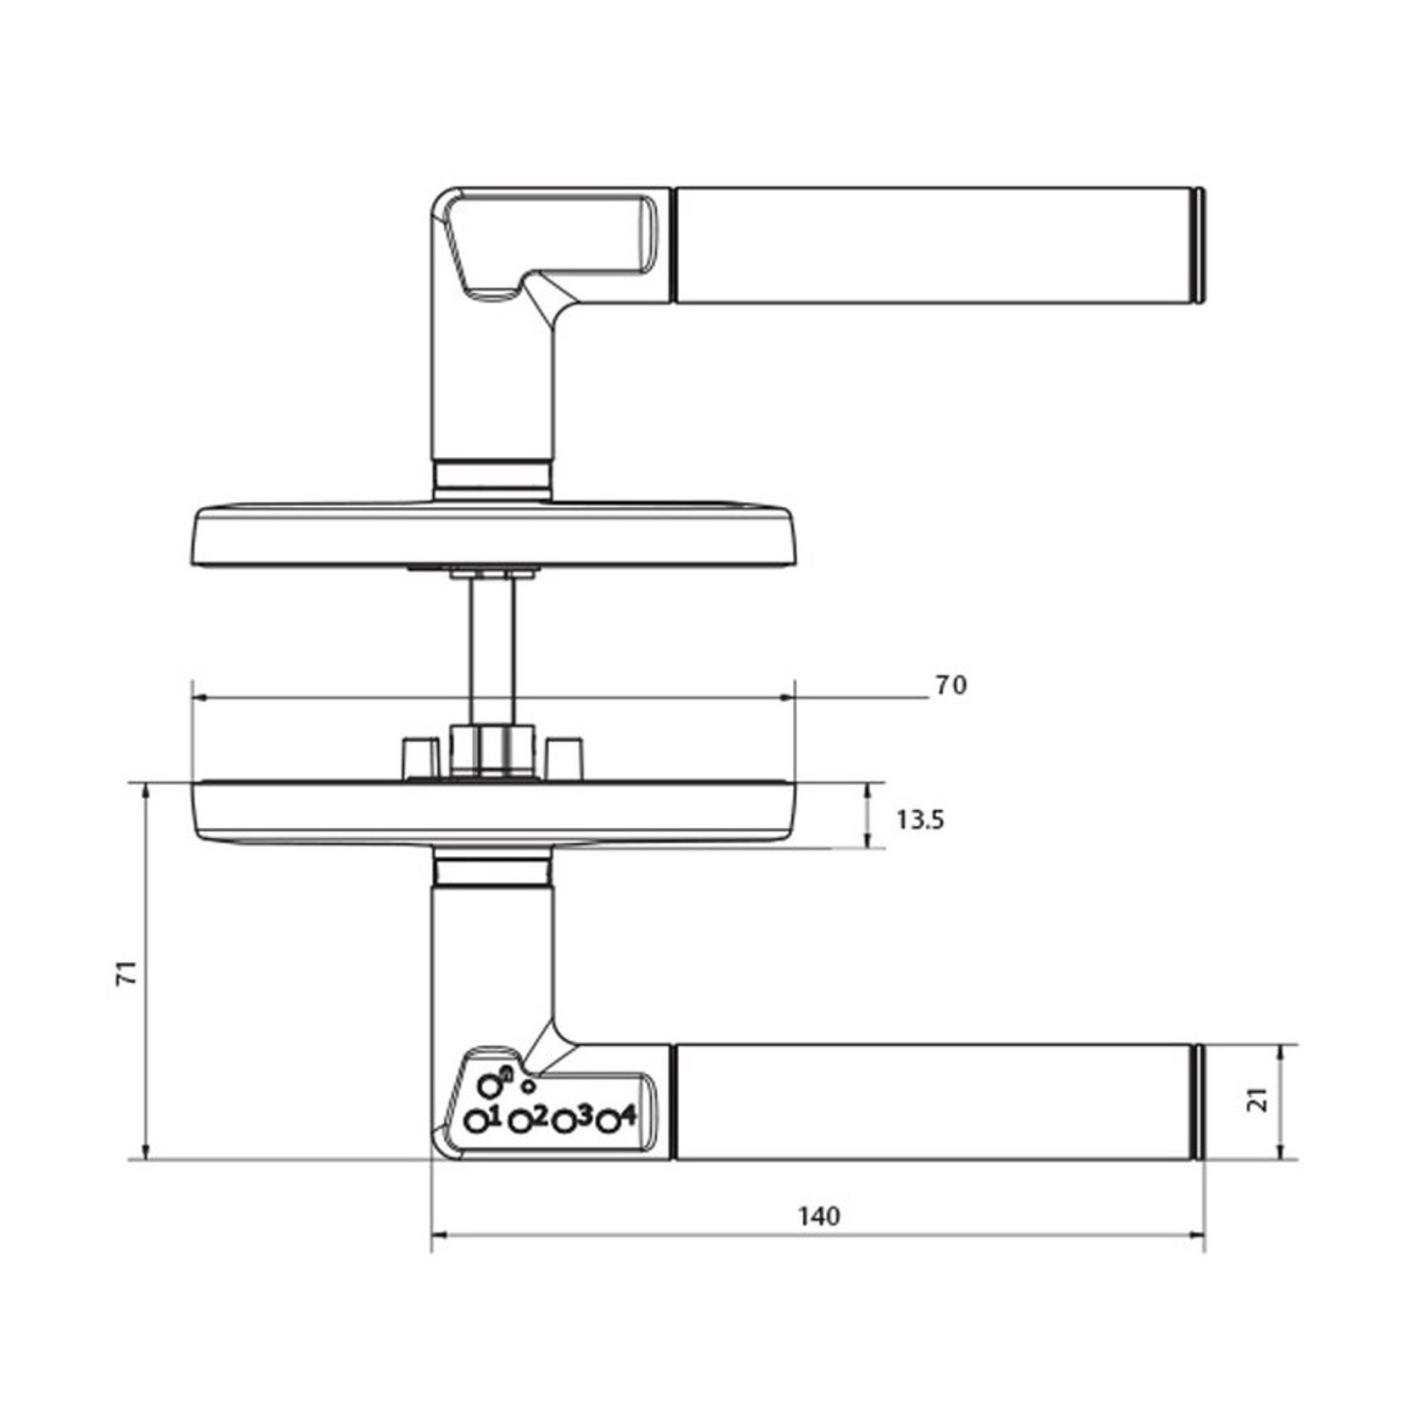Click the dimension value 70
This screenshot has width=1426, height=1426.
pos(951,686)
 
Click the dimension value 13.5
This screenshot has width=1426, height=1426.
pos(920,820)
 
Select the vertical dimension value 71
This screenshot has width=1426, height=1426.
pos(126,973)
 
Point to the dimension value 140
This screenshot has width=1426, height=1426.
pos(819,1217)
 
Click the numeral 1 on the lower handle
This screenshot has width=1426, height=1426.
pos(495,1115)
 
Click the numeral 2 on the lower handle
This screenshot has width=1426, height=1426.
pos(539,1115)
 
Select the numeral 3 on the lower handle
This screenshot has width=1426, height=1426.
pos(584,1115)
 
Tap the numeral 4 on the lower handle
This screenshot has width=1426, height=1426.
pos(628,1115)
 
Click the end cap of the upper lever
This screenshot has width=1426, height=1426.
pos(1198,245)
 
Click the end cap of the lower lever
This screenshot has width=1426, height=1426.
pos(1198,1102)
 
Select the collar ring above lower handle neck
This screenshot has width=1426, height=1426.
pos(492,873)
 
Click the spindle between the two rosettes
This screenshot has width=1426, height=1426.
pos(493,647)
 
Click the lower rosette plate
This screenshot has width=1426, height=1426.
pos(492,813)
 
